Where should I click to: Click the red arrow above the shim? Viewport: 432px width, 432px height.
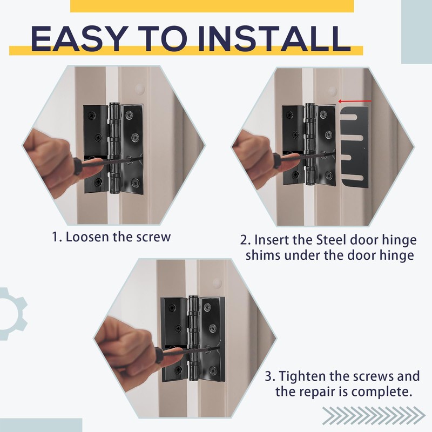355,102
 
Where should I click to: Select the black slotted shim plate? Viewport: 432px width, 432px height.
355,147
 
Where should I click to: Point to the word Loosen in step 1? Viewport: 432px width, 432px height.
87,237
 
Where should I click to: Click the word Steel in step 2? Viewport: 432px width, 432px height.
330,240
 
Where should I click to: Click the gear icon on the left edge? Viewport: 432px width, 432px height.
11,314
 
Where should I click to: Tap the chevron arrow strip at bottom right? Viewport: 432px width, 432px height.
374,415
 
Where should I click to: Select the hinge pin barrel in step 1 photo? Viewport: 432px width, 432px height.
114,148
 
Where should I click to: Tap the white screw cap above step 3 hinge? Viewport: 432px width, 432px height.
218,282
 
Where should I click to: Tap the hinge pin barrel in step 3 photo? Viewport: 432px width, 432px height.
194,338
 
